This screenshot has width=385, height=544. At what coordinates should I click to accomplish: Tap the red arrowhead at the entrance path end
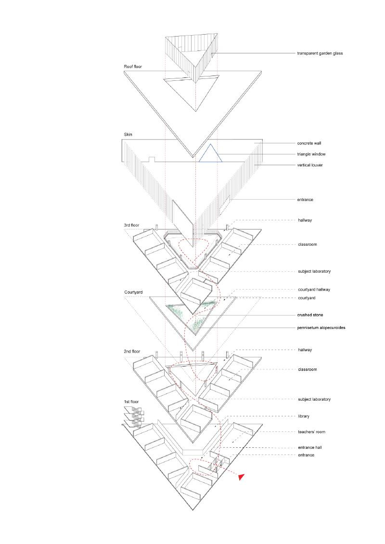pyautogui.click(x=242, y=476)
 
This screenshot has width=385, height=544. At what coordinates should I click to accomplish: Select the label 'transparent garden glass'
pyautogui.click(x=320, y=53)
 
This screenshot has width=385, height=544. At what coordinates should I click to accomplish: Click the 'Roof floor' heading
pyautogui.click(x=133, y=66)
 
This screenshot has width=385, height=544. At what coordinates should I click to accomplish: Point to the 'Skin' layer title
pyautogui.click(x=128, y=134)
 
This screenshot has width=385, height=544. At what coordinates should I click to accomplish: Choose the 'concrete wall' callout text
pyautogui.click(x=311, y=143)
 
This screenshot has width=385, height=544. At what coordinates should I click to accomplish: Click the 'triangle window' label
pyautogui.click(x=312, y=154)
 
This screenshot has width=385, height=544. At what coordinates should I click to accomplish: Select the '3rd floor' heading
pyautogui.click(x=132, y=225)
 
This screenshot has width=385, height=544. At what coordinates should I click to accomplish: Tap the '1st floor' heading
pyautogui.click(x=132, y=401)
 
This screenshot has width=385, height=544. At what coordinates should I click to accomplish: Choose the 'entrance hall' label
pyautogui.click(x=310, y=447)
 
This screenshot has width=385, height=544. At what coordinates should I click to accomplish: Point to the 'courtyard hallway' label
pyautogui.click(x=313, y=290)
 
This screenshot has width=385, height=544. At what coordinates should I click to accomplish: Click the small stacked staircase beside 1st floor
pyautogui.click(x=134, y=416)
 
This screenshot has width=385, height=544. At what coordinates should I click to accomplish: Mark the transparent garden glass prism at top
pyautogui.click(x=192, y=55)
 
